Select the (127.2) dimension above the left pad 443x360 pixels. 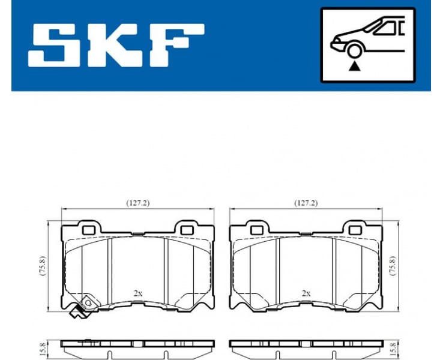point(138,203)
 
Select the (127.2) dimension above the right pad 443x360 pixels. point(306,203)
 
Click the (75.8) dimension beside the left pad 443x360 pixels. point(43,265)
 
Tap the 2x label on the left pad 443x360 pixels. point(137,293)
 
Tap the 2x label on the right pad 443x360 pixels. point(306,293)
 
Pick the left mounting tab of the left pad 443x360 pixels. point(89,228)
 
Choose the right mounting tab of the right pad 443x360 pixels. point(352,228)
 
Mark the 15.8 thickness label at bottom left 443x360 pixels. point(43,347)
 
